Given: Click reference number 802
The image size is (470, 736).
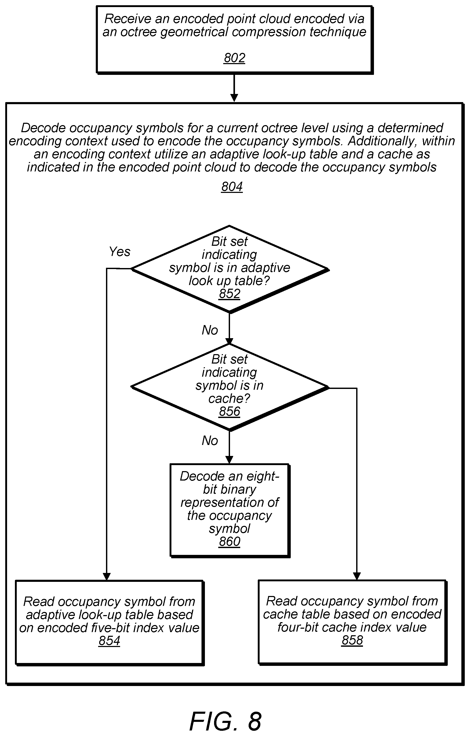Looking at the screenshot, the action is [x=234, y=58].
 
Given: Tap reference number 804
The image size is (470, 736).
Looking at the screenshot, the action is [x=232, y=186].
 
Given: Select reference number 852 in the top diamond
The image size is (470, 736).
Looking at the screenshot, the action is [x=230, y=294].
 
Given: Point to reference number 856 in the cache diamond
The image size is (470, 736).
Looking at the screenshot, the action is [x=230, y=411].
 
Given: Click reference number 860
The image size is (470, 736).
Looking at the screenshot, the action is [x=230, y=542].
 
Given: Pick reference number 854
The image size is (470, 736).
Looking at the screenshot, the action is [x=109, y=641].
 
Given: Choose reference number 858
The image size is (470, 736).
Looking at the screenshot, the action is [x=352, y=640].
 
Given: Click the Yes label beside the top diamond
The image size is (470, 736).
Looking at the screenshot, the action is [x=120, y=252].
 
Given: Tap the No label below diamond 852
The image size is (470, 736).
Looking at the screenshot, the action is [x=210, y=330].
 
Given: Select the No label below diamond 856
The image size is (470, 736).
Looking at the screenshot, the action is [x=210, y=441].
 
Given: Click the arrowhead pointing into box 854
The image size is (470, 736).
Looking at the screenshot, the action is [x=106, y=576].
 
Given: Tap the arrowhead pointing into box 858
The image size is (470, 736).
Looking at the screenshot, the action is [x=357, y=576].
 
